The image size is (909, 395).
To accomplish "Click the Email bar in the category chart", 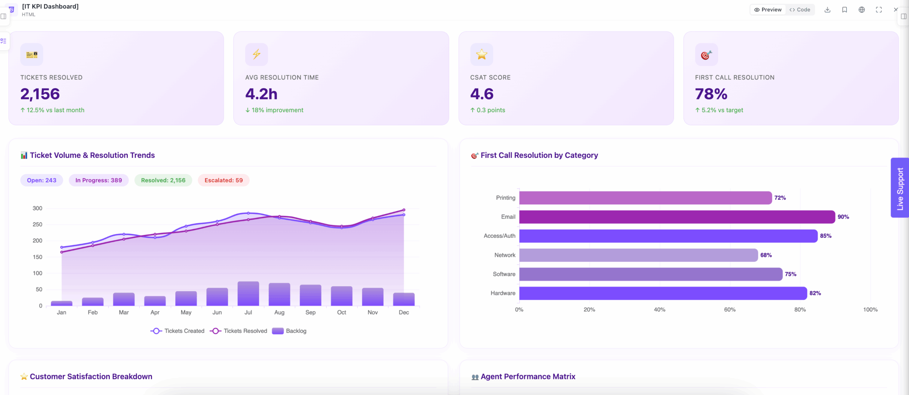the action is click(x=677, y=217).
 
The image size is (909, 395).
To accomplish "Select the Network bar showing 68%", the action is click(x=638, y=255).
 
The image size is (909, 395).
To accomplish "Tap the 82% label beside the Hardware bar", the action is click(x=815, y=293).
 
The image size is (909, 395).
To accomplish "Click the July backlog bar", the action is click(x=248, y=293).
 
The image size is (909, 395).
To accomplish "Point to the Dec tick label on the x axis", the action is click(x=404, y=312).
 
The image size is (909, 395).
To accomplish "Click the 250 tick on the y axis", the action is click(x=37, y=224).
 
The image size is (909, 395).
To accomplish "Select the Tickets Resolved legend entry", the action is click(x=238, y=331).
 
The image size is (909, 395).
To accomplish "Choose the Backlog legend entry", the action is click(x=289, y=331).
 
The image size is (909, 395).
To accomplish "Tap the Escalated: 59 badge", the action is click(x=224, y=180).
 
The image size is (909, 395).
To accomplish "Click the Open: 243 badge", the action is click(x=42, y=180).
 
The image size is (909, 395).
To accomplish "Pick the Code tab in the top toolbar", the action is click(x=800, y=10).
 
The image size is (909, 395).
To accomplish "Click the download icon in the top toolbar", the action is click(x=827, y=10).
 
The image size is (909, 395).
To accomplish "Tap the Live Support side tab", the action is click(x=900, y=188).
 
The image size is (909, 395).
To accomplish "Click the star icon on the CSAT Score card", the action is click(x=482, y=54).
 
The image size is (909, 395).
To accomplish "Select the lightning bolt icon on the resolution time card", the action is click(x=257, y=54).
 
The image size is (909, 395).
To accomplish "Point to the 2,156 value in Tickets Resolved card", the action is click(x=40, y=94).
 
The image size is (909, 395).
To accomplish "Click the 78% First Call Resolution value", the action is click(x=711, y=94).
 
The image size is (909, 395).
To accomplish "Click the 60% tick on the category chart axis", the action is click(x=730, y=309).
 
